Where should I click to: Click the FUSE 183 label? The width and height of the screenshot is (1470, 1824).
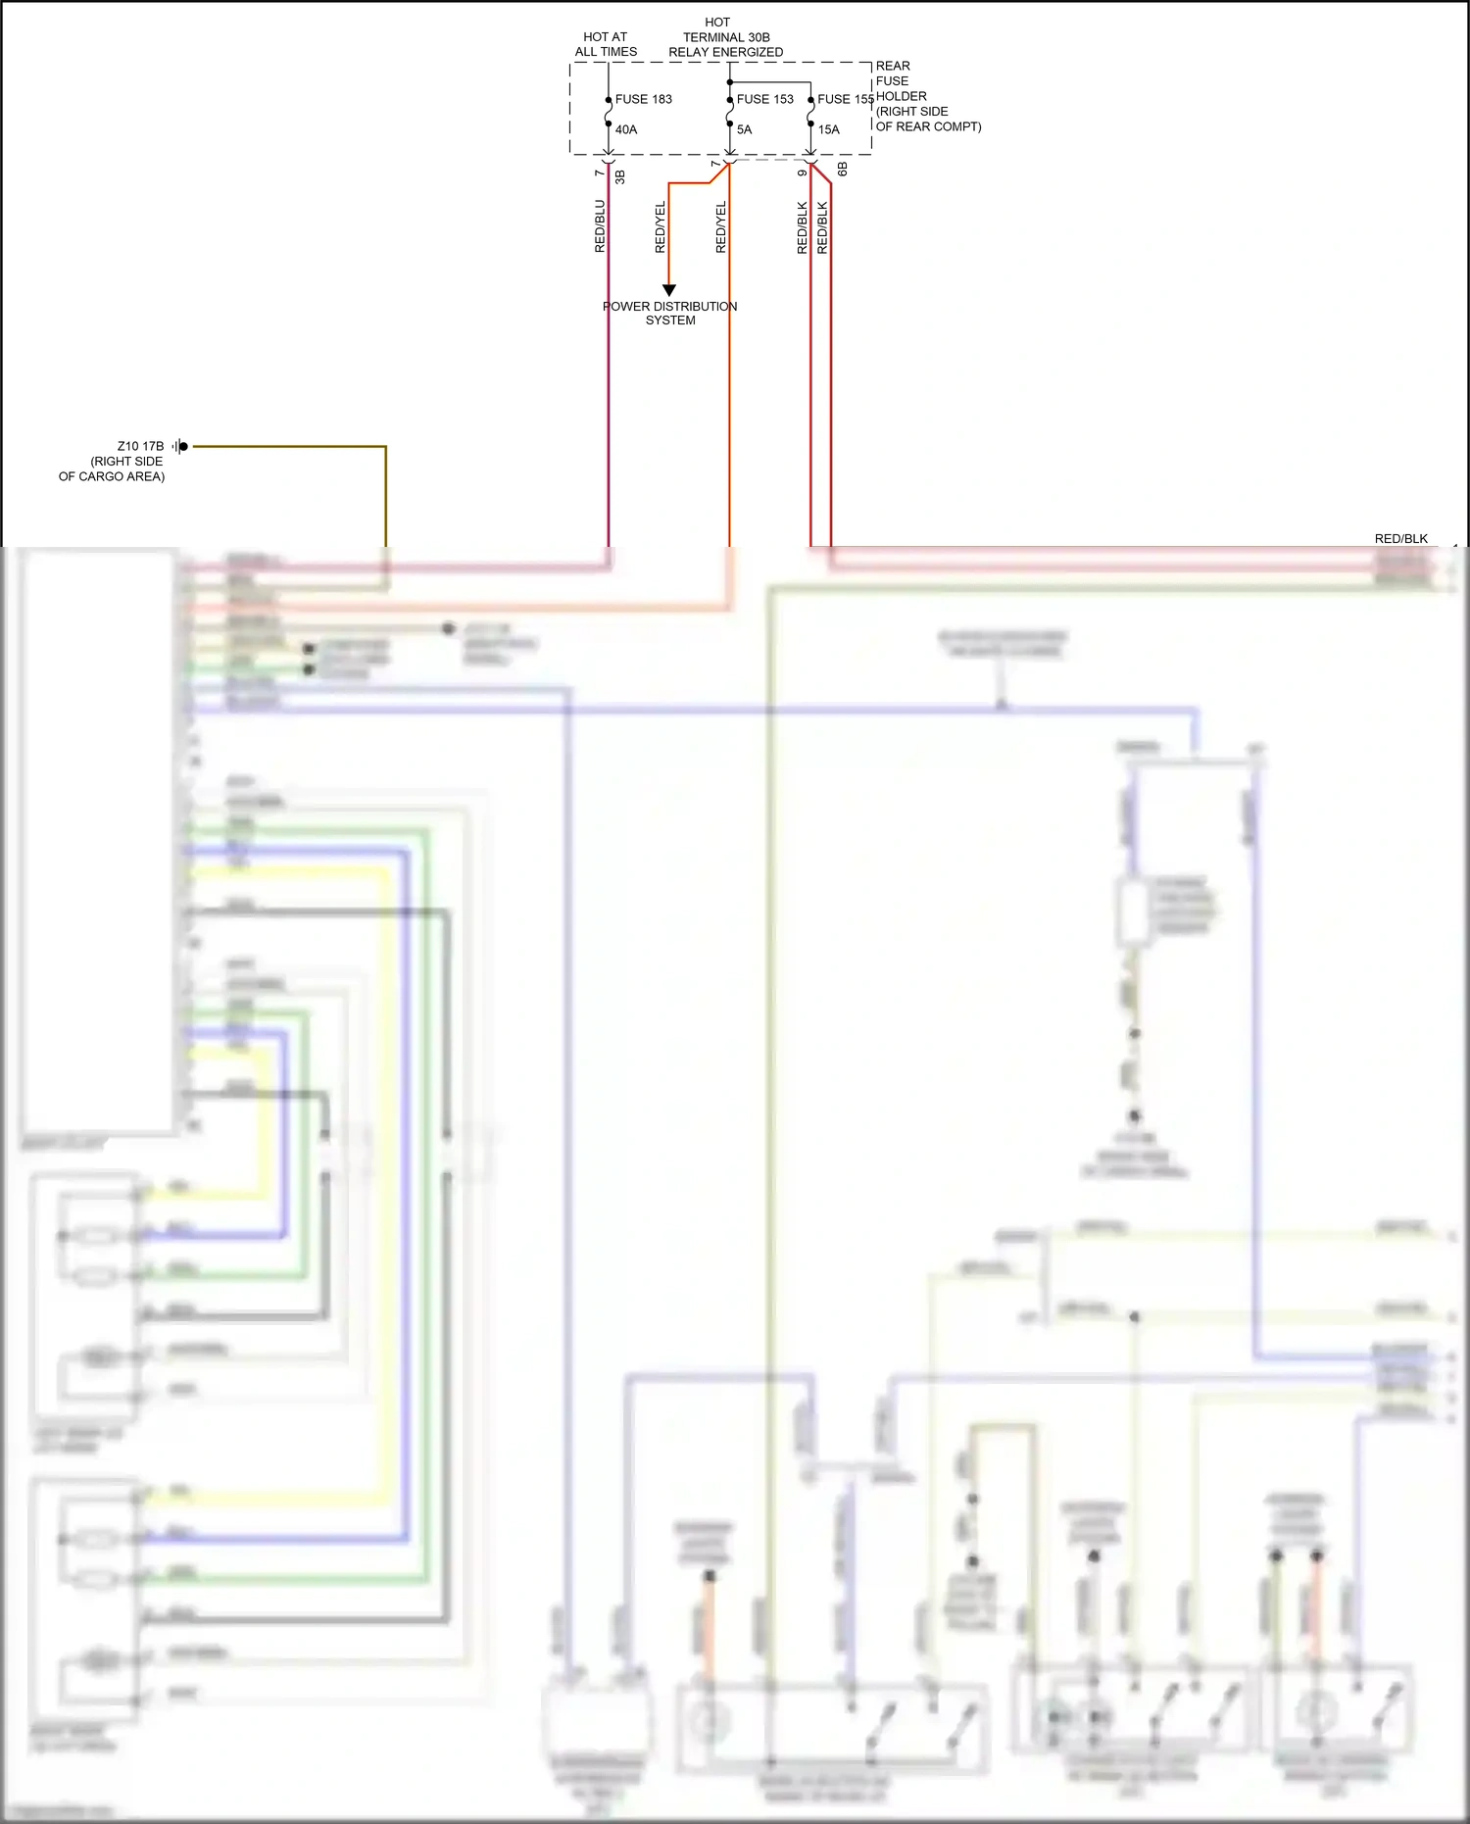643,99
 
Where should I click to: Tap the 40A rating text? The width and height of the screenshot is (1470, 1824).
626,129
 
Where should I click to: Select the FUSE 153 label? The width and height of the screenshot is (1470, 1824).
764,99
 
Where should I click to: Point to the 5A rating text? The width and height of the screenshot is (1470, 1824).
744,129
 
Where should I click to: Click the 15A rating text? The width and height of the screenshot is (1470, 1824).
828,129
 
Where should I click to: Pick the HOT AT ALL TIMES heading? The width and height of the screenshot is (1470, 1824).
606,44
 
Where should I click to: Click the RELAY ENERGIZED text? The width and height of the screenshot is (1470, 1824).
725,52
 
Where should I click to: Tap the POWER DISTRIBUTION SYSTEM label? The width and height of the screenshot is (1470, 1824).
670,313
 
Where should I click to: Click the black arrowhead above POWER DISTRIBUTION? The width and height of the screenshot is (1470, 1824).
669,290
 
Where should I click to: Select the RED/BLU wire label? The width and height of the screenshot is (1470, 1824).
600,226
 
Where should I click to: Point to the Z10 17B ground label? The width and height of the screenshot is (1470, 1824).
140,446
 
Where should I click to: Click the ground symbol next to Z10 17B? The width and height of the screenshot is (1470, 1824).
180,446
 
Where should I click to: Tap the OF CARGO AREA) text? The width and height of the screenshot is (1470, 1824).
112,476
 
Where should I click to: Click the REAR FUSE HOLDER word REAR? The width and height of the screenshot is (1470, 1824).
893,66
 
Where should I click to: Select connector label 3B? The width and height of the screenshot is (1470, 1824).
620,176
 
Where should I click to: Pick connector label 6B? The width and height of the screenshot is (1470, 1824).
842,170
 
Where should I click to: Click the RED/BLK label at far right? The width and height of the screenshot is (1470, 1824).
1400,538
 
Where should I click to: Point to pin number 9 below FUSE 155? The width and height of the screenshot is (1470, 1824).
802,173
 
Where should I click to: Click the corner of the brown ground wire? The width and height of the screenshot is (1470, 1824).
385,447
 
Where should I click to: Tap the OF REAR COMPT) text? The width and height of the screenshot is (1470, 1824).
928,126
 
